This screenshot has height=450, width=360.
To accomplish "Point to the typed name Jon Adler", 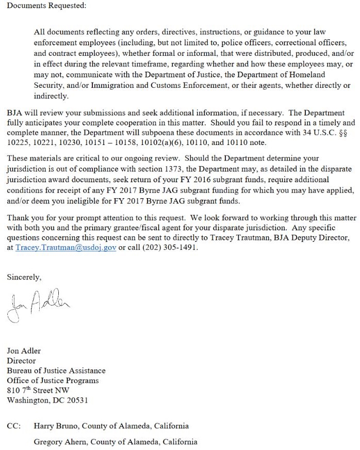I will click(24, 351).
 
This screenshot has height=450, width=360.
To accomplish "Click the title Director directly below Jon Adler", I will click(21, 361).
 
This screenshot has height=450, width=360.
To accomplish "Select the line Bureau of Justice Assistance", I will click(56, 371).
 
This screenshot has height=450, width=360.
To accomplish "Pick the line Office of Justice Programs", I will click(53, 380).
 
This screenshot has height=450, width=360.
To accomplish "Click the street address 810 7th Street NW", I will click(38, 391).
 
